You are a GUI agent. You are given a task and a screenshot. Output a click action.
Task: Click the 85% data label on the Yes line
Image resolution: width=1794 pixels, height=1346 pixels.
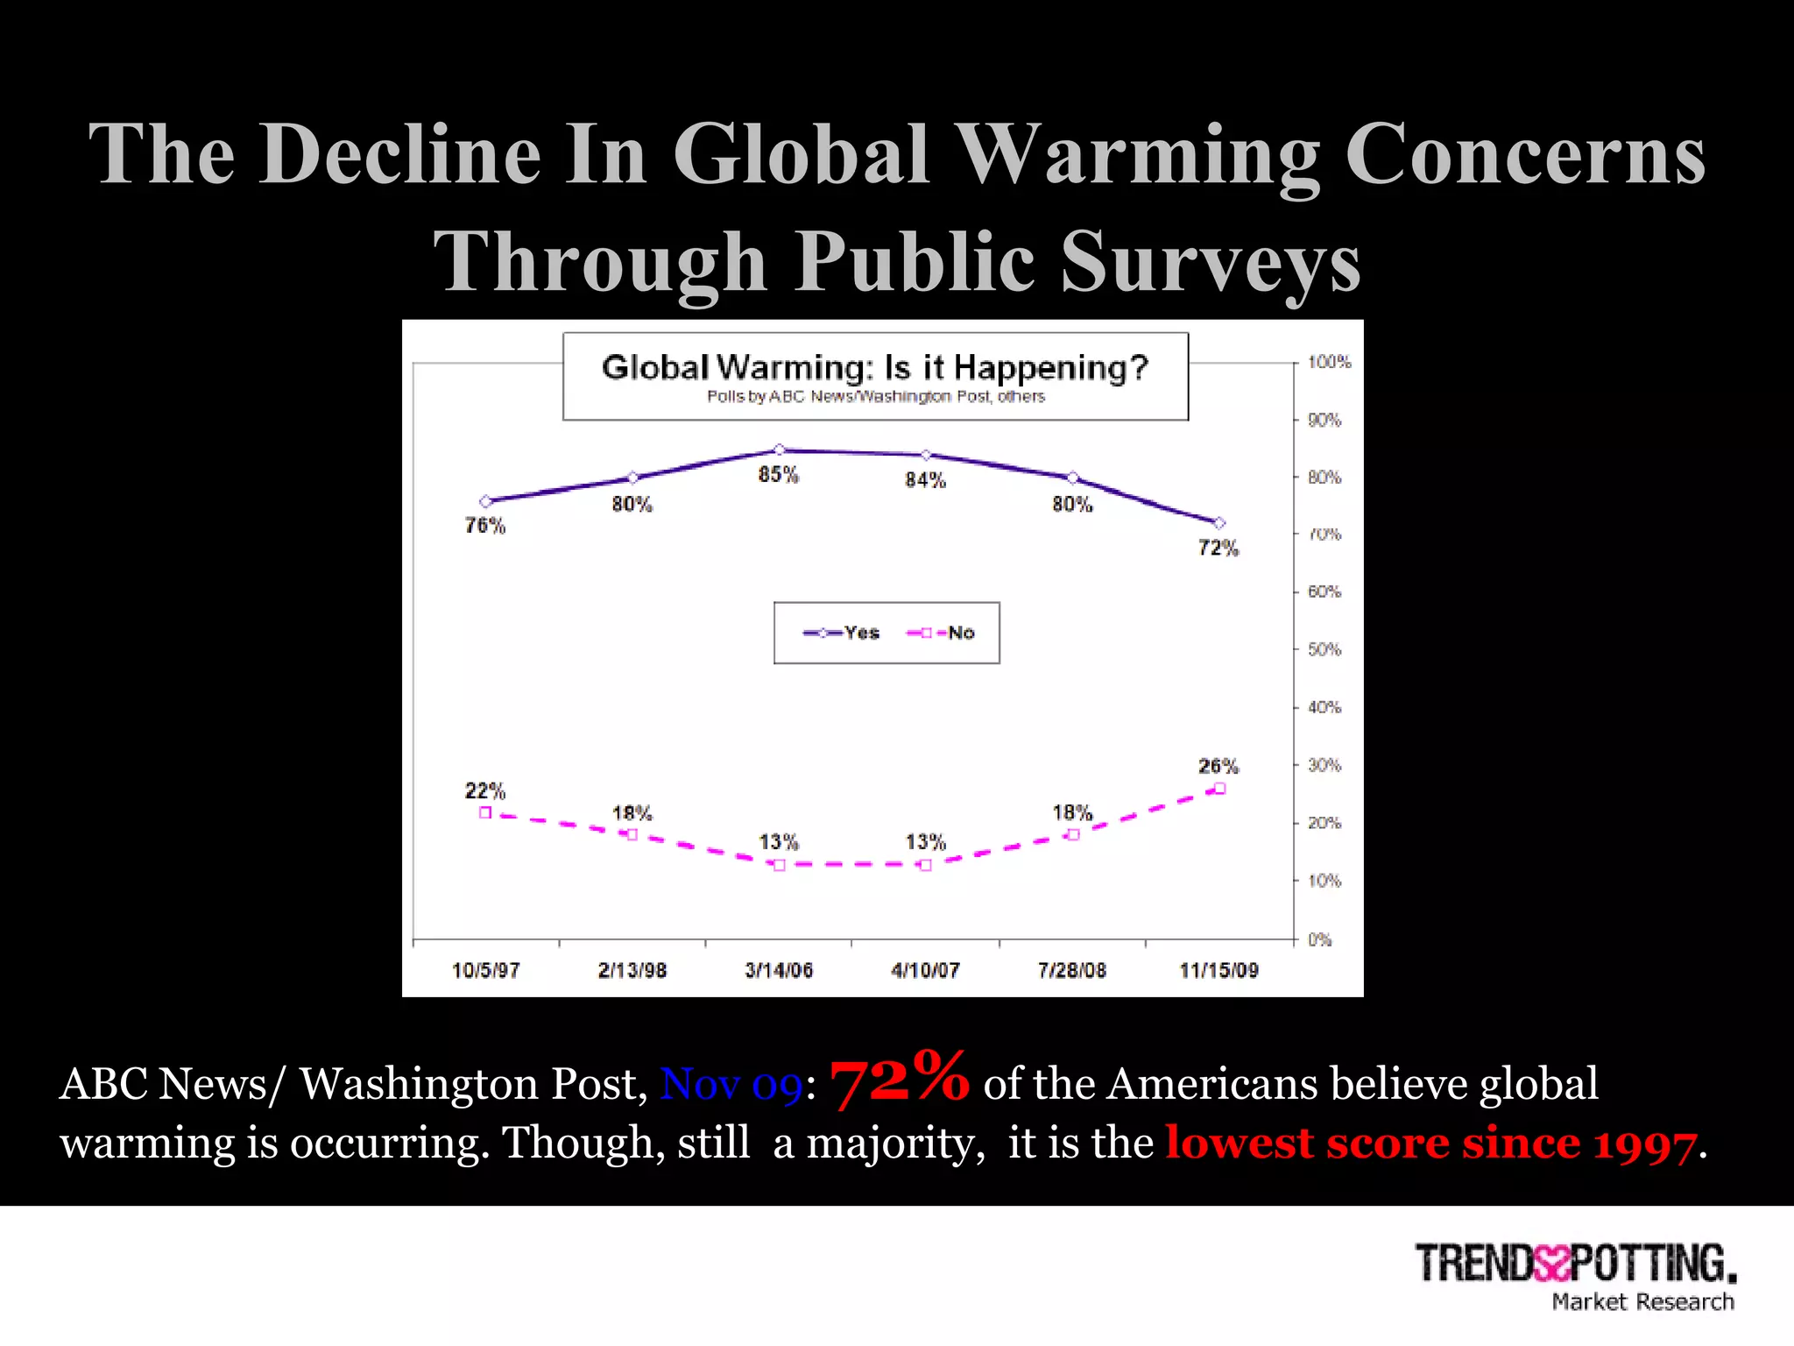click(x=778, y=475)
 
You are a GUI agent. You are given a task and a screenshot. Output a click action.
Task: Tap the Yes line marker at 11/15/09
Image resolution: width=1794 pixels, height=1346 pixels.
click(x=1218, y=523)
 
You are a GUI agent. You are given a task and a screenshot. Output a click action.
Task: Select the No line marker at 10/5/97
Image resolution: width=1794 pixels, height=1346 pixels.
click(x=485, y=812)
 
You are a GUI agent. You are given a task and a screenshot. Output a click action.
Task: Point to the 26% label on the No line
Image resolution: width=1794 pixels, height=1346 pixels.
click(x=1218, y=766)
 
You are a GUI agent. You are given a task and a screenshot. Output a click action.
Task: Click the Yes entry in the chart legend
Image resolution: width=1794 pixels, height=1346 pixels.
click(x=842, y=633)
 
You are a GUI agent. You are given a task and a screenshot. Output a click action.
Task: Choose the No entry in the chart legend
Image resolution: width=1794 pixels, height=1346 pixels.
click(x=942, y=633)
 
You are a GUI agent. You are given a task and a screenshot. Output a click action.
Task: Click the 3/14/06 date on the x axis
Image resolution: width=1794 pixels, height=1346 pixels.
click(x=779, y=970)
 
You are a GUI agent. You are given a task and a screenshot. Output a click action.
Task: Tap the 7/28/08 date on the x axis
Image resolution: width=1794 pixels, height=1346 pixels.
click(x=1071, y=970)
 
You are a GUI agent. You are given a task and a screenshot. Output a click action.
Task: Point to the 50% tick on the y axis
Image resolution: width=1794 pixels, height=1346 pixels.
click(x=1324, y=649)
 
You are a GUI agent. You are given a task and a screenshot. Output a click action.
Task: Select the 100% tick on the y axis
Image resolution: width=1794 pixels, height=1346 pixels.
click(x=1328, y=362)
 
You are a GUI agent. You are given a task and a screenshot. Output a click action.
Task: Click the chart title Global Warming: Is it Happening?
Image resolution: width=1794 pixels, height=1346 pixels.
click(x=874, y=367)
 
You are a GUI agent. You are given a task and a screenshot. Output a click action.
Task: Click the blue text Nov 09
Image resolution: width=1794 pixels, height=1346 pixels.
click(x=731, y=1085)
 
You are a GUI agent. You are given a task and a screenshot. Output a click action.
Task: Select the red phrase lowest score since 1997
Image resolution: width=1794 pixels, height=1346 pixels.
click(x=1430, y=1144)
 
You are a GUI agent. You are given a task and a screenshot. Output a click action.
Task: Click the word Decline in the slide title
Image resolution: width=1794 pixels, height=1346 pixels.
click(x=399, y=154)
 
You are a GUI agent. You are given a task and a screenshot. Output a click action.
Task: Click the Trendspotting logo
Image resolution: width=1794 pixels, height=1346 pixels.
click(x=1575, y=1264)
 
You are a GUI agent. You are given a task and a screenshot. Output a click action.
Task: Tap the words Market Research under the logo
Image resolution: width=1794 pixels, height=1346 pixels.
click(x=1642, y=1302)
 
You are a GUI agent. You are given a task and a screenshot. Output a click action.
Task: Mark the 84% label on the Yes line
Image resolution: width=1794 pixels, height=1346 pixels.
click(x=925, y=480)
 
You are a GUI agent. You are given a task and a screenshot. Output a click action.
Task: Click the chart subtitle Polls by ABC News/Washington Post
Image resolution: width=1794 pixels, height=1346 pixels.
click(x=875, y=397)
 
